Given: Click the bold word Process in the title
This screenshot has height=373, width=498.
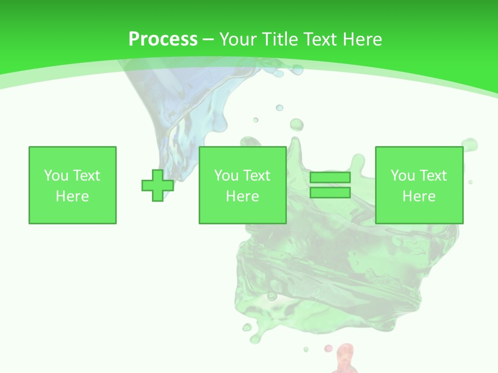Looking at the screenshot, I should click(x=163, y=39).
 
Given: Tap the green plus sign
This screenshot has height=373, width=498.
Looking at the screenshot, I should click(x=158, y=185).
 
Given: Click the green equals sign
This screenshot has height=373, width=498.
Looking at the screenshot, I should click(x=330, y=185).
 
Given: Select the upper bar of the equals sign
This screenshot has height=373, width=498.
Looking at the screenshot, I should click(x=330, y=178).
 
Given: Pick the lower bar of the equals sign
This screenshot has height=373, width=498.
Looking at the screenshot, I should click(x=330, y=193).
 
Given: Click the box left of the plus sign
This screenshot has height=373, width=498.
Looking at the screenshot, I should click(x=73, y=185).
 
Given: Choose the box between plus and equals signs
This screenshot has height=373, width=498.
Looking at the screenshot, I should click(x=242, y=185).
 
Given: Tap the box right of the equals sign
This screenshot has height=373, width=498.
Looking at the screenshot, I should click(x=419, y=185).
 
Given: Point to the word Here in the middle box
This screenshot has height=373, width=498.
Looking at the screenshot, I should click(x=242, y=196).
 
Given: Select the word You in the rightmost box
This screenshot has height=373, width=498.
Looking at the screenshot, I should click(x=403, y=176).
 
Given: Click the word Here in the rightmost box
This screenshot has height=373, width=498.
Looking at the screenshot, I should click(x=419, y=196).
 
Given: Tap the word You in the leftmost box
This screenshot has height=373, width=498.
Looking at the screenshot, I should click(x=56, y=176).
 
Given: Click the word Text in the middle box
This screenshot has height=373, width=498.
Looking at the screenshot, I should click(x=256, y=176).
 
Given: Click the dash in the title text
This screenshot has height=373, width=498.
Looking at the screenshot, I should click(x=208, y=40).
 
